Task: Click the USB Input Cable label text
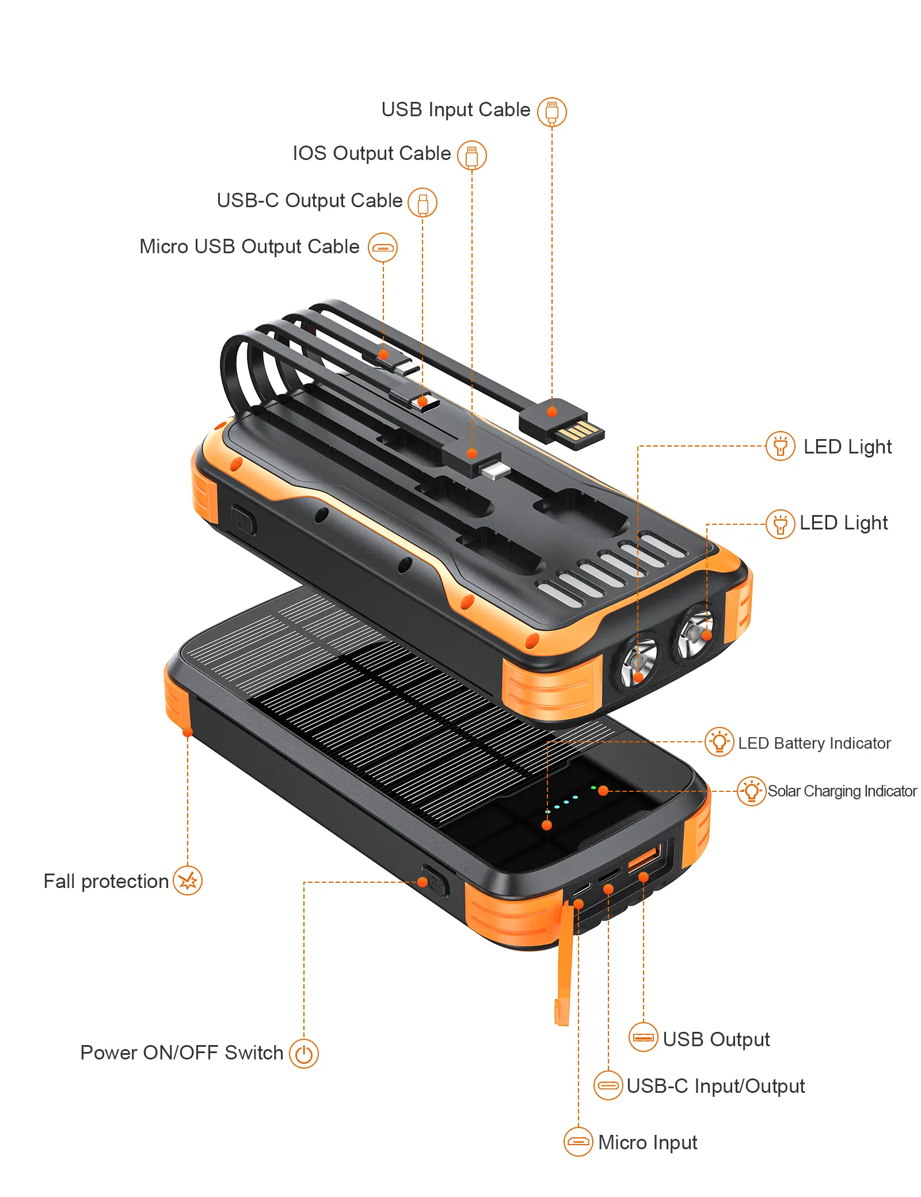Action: (x=455, y=109)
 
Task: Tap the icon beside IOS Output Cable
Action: (x=472, y=155)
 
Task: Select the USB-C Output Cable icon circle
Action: (x=423, y=203)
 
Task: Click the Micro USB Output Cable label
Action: (x=249, y=246)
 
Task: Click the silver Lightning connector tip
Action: (x=494, y=469)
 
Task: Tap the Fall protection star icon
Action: (x=188, y=880)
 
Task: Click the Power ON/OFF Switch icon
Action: (x=304, y=1054)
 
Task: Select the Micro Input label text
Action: (x=648, y=1142)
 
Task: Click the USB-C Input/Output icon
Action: (x=608, y=1085)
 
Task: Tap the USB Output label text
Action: (x=716, y=1039)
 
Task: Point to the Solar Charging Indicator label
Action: (x=842, y=791)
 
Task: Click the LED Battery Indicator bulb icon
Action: (x=720, y=742)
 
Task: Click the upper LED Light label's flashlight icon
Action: (x=781, y=446)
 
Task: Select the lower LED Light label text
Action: (x=843, y=523)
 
